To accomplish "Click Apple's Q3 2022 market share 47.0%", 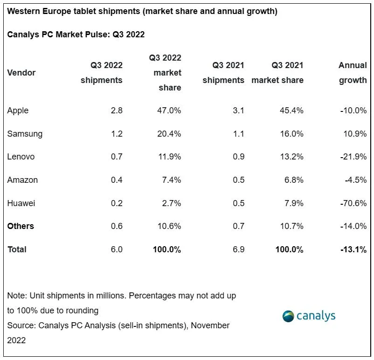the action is (x=169, y=111).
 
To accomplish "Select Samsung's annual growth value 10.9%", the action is (x=355, y=133).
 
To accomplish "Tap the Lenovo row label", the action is (x=21, y=157).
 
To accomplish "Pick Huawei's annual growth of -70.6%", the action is (x=353, y=203).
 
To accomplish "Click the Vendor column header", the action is (x=21, y=73).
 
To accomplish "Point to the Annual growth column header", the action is (x=353, y=73).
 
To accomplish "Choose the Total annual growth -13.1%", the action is (x=353, y=249).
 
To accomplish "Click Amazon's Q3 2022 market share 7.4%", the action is (x=172, y=180).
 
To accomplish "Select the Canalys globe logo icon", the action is (x=288, y=316).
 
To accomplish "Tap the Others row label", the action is (x=21, y=226).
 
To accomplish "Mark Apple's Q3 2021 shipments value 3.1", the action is (x=238, y=111).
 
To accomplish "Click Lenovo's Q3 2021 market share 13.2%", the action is (x=291, y=157).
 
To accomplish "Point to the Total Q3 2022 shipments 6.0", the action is (x=117, y=249).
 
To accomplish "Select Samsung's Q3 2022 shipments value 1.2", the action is (x=117, y=133).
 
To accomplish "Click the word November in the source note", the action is (x=210, y=325).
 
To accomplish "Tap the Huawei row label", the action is (x=21, y=203).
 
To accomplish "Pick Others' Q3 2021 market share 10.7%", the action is (x=292, y=226).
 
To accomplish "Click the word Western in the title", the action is (x=24, y=11).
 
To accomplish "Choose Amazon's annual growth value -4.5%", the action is (x=356, y=180).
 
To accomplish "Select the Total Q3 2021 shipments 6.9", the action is (x=238, y=249).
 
